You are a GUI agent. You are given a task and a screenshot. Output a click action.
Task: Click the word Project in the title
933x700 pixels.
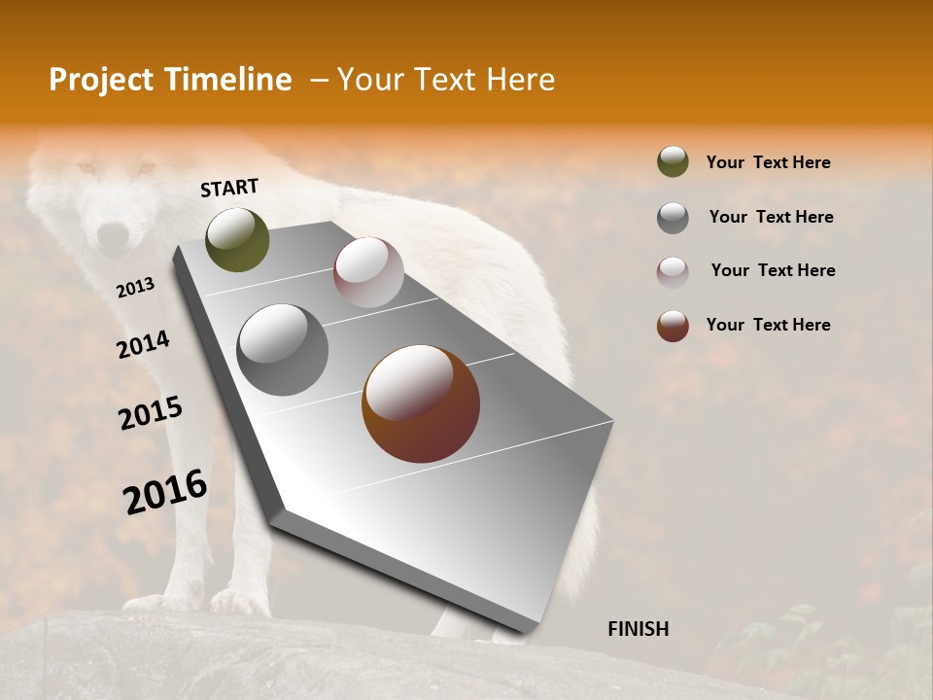100,80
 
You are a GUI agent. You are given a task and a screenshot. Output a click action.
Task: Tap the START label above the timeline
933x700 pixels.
229,188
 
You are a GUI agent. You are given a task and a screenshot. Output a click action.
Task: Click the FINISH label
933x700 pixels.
638,629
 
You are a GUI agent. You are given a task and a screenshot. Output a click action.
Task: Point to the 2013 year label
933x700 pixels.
135,288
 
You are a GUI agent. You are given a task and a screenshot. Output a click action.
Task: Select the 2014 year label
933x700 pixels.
143,344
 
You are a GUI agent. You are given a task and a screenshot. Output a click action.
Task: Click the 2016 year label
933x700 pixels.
165,492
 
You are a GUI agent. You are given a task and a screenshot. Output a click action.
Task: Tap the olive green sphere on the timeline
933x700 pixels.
238,240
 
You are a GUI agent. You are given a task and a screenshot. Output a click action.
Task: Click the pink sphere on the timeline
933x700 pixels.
368,272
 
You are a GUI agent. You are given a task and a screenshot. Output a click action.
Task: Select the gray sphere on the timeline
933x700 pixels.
283,350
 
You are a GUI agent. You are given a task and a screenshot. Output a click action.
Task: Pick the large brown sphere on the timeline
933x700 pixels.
421,404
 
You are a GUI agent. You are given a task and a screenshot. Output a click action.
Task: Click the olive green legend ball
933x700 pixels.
673,161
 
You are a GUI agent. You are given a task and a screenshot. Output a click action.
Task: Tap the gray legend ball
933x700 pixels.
673,218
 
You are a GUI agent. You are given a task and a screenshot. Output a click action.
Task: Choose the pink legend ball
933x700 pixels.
673,272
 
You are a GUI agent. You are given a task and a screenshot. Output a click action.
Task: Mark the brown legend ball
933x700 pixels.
673,326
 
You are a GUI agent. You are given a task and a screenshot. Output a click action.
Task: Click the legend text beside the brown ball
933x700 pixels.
768,325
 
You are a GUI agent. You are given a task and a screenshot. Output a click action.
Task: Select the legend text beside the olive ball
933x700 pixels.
768,162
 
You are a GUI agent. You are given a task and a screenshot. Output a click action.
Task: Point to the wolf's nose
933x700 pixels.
114,232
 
